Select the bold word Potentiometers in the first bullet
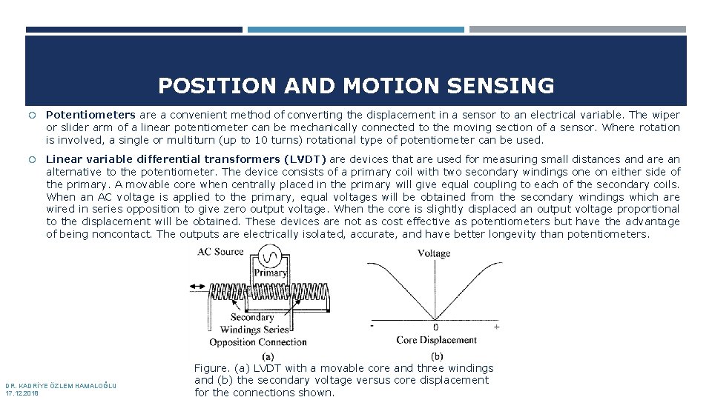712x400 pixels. [x=90, y=115]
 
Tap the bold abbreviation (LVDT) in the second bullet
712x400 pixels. [x=304, y=159]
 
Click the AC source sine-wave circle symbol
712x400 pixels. [x=271, y=257]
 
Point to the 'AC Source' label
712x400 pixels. [x=220, y=252]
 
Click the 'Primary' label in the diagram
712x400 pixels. [x=270, y=273]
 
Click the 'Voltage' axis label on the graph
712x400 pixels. [x=434, y=253]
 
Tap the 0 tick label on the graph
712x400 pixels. [x=435, y=327]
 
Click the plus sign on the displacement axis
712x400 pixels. [x=496, y=326]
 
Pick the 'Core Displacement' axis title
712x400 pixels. [x=437, y=341]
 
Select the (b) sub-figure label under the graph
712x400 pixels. [x=438, y=356]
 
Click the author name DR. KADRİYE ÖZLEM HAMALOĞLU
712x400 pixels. [x=60, y=386]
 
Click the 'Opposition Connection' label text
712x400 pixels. [x=257, y=342]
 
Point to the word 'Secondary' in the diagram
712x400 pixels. [x=252, y=318]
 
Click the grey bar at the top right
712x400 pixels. [x=577, y=30]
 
